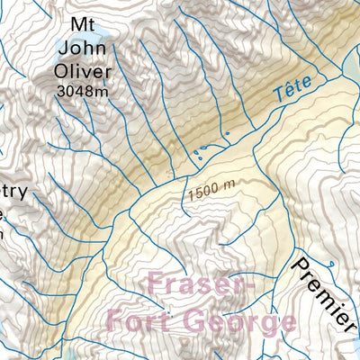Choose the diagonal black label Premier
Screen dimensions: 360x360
tap(323, 292)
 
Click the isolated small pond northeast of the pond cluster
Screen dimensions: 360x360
tap(227, 136)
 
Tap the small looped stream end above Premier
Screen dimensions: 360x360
tap(333, 264)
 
